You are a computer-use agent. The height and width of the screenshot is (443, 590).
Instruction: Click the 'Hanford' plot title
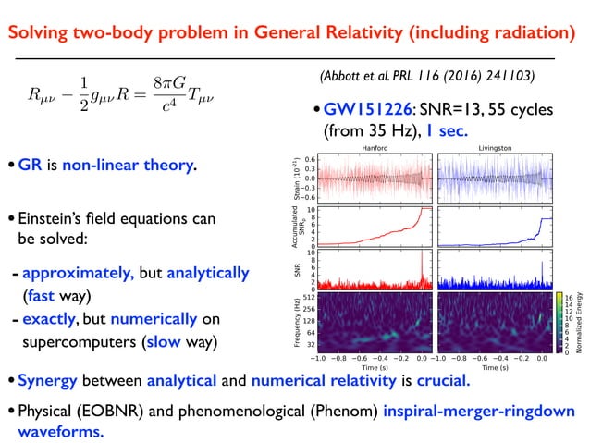tap(374, 147)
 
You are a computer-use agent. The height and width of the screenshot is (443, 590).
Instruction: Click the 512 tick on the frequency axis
tap(309, 297)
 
